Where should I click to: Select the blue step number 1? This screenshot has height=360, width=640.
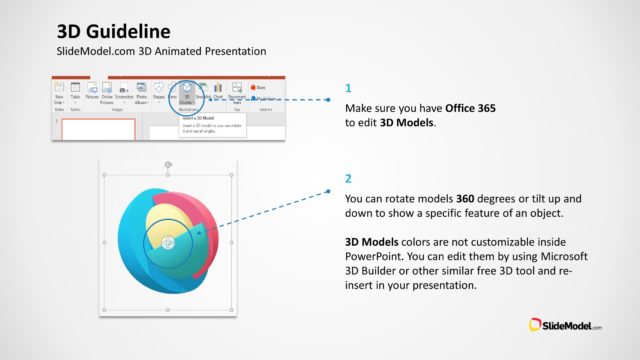[x=348, y=88]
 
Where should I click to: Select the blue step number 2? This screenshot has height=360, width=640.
[x=348, y=179]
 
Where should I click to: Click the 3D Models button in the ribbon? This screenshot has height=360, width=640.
[x=187, y=92]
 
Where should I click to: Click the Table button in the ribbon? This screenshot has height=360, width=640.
[x=75, y=94]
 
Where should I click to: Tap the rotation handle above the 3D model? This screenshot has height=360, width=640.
[x=168, y=163]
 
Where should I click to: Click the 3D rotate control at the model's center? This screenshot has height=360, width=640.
[x=168, y=243]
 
